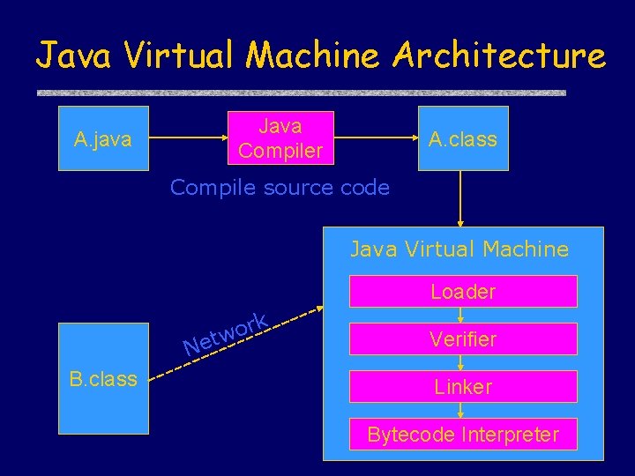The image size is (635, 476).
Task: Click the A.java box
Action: click(x=103, y=138)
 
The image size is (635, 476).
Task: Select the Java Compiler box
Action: click(x=280, y=138)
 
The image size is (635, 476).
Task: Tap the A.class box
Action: click(x=462, y=138)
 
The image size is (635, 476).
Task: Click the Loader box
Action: click(x=463, y=291)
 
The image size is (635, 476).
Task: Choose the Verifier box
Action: click(x=463, y=338)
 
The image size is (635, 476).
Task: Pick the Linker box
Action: click(x=463, y=386)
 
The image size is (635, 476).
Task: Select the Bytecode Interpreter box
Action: click(x=463, y=434)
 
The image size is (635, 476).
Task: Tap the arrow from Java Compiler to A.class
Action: click(x=374, y=138)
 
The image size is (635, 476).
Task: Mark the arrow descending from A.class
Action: click(x=460, y=198)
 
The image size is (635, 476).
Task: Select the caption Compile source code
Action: click(x=280, y=187)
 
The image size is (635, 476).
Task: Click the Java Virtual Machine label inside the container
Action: click(x=459, y=249)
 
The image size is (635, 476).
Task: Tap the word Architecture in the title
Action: click(x=499, y=56)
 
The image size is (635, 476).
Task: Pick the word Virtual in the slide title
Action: click(x=182, y=56)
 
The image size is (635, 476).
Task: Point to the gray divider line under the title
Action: click(x=301, y=93)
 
